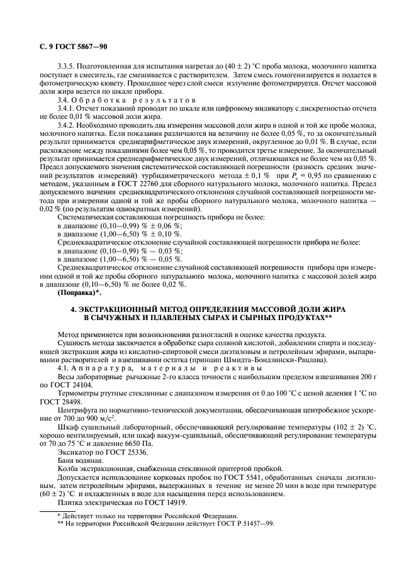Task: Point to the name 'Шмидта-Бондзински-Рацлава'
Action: [271, 360]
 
